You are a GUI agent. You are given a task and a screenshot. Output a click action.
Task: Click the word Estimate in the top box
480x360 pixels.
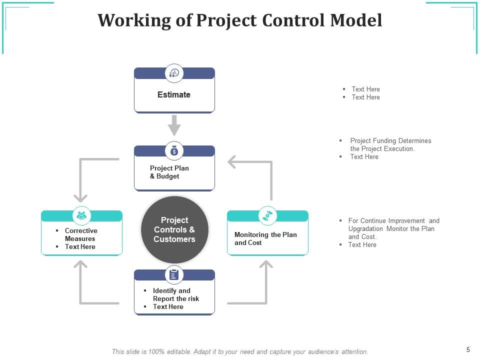pyautogui.click(x=174, y=94)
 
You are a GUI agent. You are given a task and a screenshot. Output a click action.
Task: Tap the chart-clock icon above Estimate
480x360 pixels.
pyautogui.click(x=174, y=73)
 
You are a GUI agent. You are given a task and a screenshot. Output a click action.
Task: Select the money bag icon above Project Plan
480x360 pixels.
pyautogui.click(x=174, y=151)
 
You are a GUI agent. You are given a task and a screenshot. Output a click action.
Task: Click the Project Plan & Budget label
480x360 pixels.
pyautogui.click(x=169, y=172)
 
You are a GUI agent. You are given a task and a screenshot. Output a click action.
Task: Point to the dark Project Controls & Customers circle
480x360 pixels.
pyautogui.click(x=174, y=229)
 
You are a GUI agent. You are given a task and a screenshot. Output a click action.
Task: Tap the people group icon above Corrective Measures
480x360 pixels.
pyautogui.click(x=81, y=215)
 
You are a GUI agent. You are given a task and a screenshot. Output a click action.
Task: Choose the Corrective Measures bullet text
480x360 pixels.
pyautogui.click(x=81, y=234)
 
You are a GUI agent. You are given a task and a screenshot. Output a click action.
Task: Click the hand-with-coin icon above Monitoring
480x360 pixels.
pyautogui.click(x=268, y=215)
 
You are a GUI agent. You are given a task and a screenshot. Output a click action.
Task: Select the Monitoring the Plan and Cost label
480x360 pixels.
pyautogui.click(x=265, y=238)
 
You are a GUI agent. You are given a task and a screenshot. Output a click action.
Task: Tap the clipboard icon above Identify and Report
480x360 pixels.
pyautogui.click(x=174, y=274)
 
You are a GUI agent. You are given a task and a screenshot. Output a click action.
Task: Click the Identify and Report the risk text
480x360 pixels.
pyautogui.click(x=175, y=294)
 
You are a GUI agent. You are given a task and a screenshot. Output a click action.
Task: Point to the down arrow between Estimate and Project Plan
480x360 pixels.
pyautogui.click(x=174, y=125)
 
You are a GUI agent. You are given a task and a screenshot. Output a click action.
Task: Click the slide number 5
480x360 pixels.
pyautogui.click(x=468, y=350)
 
